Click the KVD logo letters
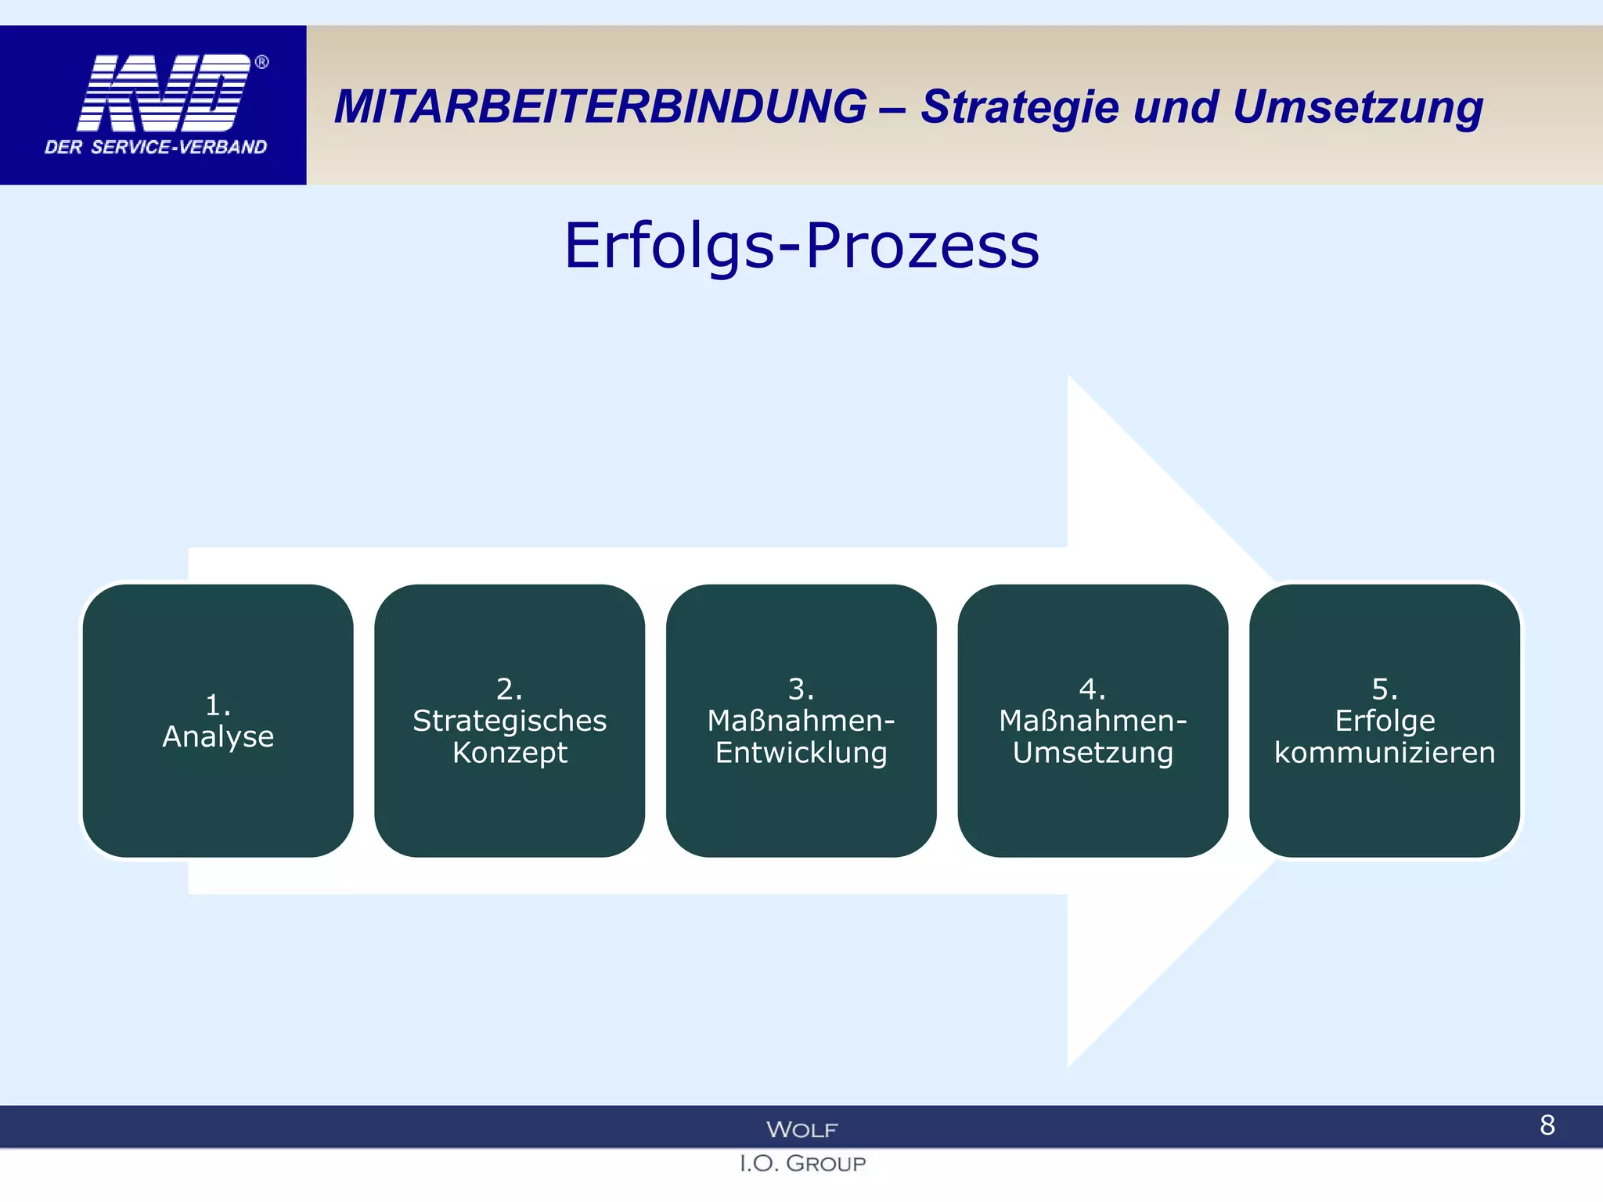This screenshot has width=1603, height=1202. tap(164, 92)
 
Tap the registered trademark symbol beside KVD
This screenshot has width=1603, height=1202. tap(262, 62)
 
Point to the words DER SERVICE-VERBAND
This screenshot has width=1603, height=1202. tap(156, 147)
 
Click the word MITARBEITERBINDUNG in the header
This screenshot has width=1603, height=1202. tap(600, 106)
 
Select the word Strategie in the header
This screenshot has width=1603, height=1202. tap(1019, 108)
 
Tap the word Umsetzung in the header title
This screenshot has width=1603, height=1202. tap(1357, 108)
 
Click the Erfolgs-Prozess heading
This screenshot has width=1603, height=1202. tap(801, 246)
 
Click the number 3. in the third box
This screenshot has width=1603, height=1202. tap(801, 689)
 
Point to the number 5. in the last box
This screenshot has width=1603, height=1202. tap(1385, 689)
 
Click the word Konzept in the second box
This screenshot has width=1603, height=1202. tap(510, 753)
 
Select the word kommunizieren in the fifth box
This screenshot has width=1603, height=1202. tap(1385, 753)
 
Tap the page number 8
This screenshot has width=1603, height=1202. tap(1547, 1125)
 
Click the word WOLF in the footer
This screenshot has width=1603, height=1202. tap(801, 1129)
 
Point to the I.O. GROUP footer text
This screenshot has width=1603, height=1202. tap(802, 1164)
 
